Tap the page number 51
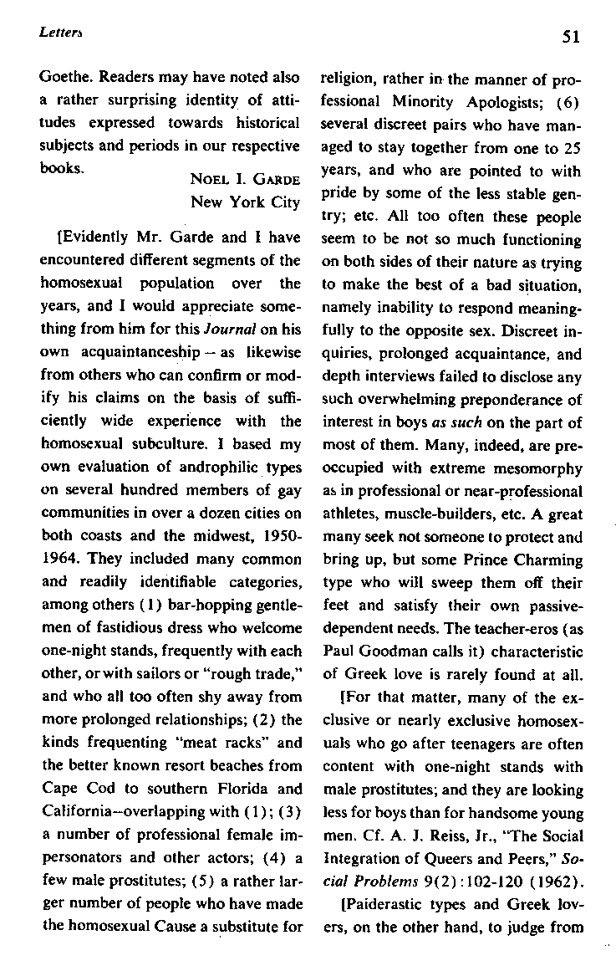572,36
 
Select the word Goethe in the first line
64,78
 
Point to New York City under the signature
245,202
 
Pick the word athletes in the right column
349,514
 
